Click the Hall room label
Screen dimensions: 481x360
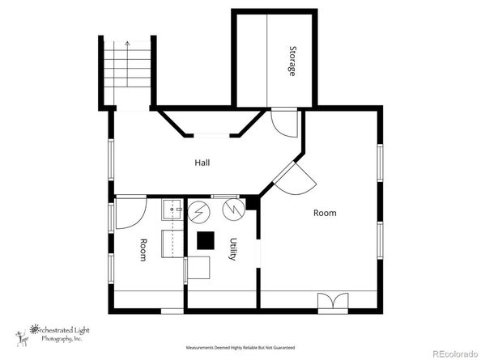pos(202,163)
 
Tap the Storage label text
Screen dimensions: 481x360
pos(292,61)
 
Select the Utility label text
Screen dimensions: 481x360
pos(233,249)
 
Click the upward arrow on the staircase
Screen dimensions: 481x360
pos(127,63)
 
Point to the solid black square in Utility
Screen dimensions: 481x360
pos(206,240)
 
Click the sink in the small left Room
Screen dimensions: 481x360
pos(172,210)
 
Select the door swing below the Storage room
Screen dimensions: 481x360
pos(284,123)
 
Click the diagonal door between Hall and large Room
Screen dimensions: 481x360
pos(295,178)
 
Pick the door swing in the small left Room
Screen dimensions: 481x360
pos(131,214)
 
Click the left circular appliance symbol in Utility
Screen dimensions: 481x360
pos(198,212)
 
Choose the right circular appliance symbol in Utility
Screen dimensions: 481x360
pos(234,210)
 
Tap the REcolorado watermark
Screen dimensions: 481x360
pos(455,354)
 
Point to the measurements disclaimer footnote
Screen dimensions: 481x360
pos(240,348)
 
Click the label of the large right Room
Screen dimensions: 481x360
pos(325,213)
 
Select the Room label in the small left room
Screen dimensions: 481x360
pos(143,250)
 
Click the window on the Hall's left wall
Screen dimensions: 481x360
pos(111,159)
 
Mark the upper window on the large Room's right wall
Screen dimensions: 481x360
pos(380,163)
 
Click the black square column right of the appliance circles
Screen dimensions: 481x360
pos(252,203)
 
